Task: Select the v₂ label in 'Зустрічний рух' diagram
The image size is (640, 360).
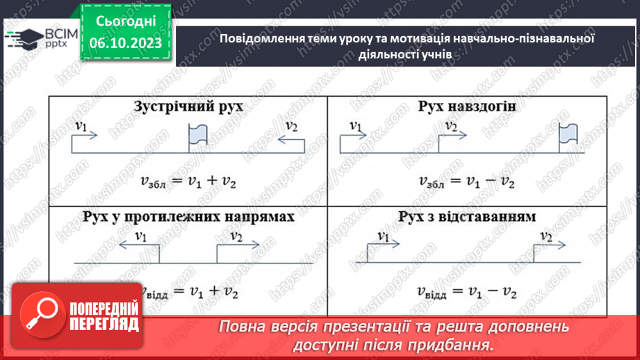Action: point(291,126)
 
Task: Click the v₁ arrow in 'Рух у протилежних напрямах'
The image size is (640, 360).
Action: point(137,244)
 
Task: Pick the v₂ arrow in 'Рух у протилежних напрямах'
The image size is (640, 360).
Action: point(238,244)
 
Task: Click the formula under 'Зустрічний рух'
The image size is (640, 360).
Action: point(189,181)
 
